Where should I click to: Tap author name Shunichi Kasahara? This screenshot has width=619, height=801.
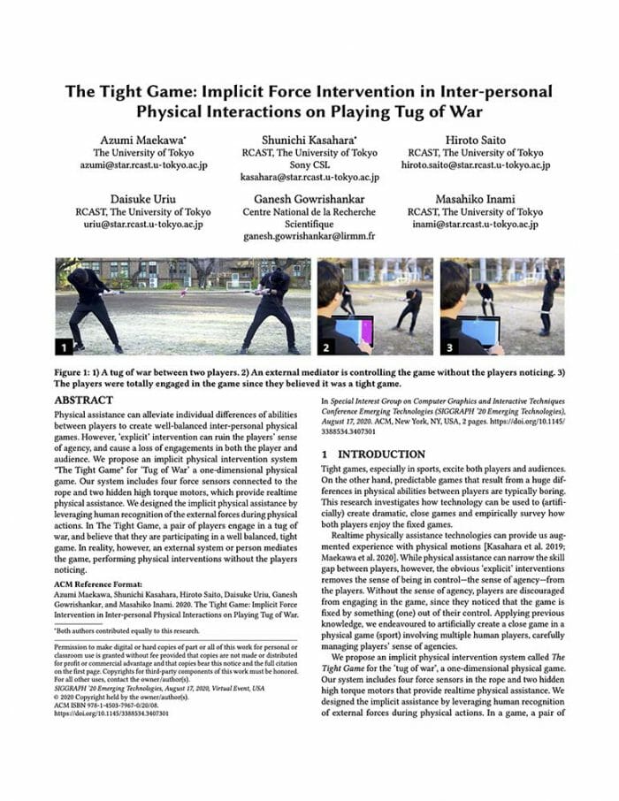(x=309, y=140)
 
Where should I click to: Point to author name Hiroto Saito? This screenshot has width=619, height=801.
(x=476, y=140)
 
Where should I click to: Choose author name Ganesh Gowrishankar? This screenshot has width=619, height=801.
(x=309, y=199)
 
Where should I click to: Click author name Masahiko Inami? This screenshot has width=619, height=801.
(x=476, y=199)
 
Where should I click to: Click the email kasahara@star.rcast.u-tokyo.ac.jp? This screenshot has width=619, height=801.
(x=309, y=177)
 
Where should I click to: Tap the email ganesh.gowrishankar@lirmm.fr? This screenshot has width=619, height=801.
(x=309, y=237)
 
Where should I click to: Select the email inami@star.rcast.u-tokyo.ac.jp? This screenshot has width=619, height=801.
(x=476, y=225)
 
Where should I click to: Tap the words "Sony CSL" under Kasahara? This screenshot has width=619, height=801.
(x=309, y=164)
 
